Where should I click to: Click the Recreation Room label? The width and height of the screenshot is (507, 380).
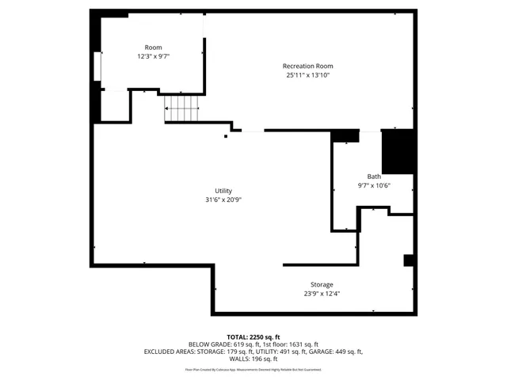[307, 66]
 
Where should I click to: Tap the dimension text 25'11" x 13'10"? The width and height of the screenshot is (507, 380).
[307, 75]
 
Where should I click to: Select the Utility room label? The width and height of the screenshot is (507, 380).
[223, 191]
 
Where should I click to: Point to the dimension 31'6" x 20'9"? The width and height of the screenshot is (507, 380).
[223, 200]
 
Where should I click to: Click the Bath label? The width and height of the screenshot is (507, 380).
[374, 177]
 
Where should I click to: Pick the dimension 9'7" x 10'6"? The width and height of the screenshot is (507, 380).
[374, 186]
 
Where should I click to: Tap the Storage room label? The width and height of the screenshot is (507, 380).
[322, 284]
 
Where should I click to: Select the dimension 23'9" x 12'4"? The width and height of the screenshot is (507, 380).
[322, 294]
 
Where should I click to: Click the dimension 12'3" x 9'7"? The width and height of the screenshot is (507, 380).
[153, 57]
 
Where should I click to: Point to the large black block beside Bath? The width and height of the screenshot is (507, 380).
[398, 150]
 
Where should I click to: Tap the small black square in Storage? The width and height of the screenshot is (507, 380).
[409, 260]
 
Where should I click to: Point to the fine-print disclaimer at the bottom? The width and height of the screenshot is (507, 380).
[253, 369]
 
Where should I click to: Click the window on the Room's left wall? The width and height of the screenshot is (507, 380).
[97, 66]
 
